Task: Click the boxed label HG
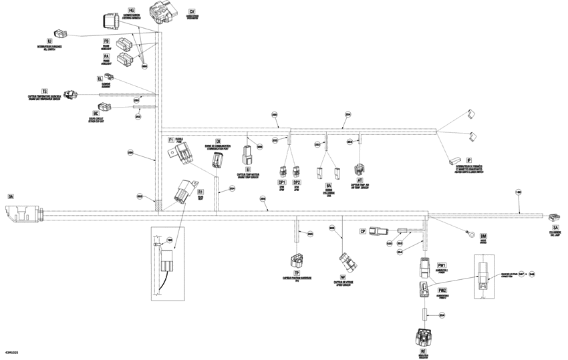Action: [131, 11]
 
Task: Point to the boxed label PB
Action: [106, 41]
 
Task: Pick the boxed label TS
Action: [45, 90]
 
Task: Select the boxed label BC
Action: [96, 114]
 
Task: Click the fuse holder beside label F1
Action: [182, 154]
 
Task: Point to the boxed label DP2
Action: [297, 182]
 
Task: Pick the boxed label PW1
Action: [442, 266]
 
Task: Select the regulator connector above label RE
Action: [422, 337]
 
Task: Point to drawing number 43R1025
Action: [13, 351]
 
